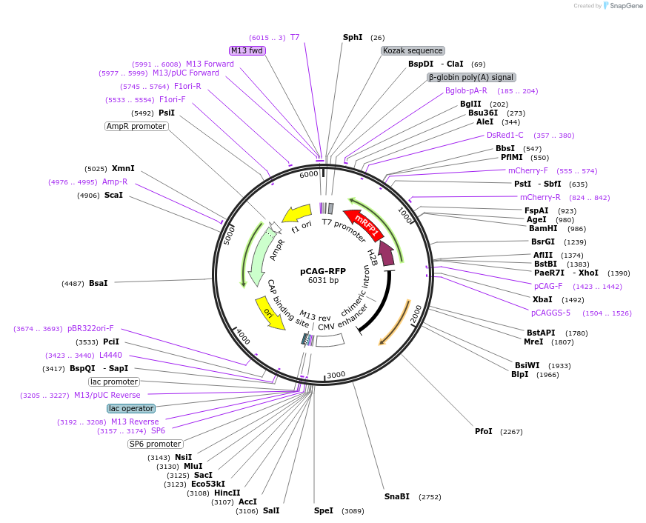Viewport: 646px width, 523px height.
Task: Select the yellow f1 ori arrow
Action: pyautogui.click(x=297, y=213)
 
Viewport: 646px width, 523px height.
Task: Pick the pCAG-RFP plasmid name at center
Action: pyautogui.click(x=323, y=271)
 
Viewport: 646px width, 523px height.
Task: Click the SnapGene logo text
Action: pyautogui.click(x=626, y=6)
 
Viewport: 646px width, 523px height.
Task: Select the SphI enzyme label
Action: pyautogui.click(x=353, y=37)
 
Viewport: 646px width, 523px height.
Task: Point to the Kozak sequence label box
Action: pyautogui.click(x=413, y=50)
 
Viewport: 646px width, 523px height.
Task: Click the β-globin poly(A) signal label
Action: pyautogui.click(x=471, y=78)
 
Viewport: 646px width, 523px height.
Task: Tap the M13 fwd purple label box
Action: pyautogui.click(x=247, y=50)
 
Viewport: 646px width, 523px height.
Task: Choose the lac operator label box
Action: pyautogui.click(x=131, y=408)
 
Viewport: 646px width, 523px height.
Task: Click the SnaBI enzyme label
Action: pyautogui.click(x=397, y=496)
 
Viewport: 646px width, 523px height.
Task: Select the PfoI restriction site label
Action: pyautogui.click(x=484, y=431)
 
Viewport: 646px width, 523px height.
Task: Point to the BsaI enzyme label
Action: pyautogui.click(x=98, y=283)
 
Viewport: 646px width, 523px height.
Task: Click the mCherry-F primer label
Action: pyautogui.click(x=528, y=170)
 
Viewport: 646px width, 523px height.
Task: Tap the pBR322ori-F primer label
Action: pyautogui.click(x=90, y=329)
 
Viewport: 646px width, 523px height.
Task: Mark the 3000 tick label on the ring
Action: pyautogui.click(x=336, y=374)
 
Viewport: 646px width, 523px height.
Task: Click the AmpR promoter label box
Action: pyautogui.click(x=136, y=127)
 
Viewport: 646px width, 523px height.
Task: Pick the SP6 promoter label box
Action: pyautogui.click(x=156, y=444)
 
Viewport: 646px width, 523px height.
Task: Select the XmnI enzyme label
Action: pyautogui.click(x=123, y=168)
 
